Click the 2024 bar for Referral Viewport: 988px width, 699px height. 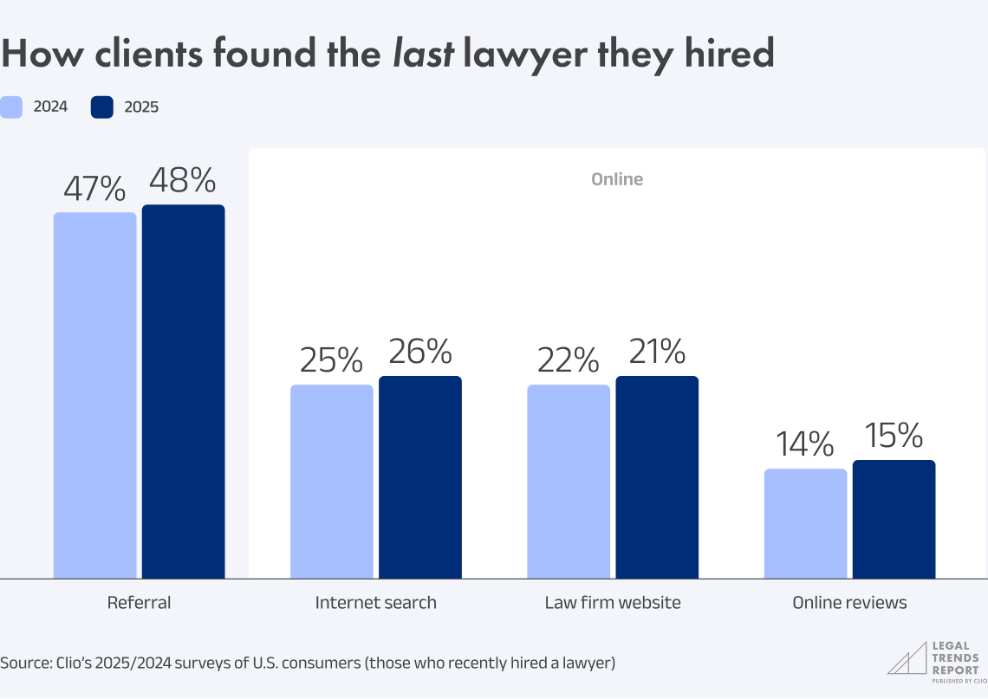(x=95, y=395)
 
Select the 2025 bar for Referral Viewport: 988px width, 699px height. (x=184, y=392)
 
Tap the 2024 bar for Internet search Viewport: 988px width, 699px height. (x=332, y=481)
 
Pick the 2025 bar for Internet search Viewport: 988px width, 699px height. (x=420, y=476)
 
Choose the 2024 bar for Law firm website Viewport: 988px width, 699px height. (x=569, y=481)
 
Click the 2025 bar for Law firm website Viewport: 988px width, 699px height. (x=657, y=476)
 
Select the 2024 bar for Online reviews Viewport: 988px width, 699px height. (x=805, y=523)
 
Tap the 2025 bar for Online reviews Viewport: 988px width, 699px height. (x=894, y=519)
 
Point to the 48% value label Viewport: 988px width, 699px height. (x=182, y=180)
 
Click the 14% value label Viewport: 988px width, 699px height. (x=804, y=444)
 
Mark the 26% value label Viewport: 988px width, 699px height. (x=419, y=352)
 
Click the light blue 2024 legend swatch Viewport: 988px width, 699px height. (x=11, y=107)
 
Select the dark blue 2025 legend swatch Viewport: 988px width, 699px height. (x=102, y=107)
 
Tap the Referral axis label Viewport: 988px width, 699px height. (x=139, y=603)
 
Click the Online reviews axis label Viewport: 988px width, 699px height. (x=849, y=603)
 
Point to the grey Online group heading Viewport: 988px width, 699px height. (x=617, y=179)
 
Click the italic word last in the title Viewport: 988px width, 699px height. (x=423, y=54)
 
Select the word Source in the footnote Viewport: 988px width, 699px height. (x=25, y=663)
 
